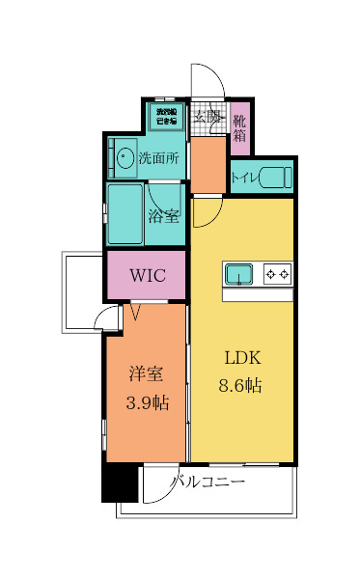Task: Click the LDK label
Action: click(243, 358)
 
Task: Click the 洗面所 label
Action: click(157, 156)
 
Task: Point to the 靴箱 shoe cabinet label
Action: click(239, 127)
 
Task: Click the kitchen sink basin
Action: click(238, 275)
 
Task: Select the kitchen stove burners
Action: click(277, 275)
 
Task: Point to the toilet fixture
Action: click(276, 177)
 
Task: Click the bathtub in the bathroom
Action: click(125, 214)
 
